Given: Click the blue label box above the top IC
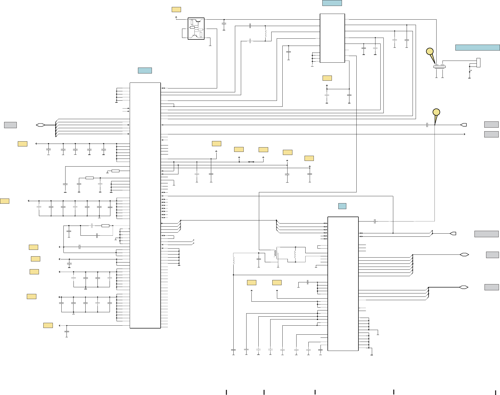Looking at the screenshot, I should coord(332,3).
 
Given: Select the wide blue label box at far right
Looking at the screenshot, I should coord(477,47).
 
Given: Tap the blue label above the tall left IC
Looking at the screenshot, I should coord(145,70).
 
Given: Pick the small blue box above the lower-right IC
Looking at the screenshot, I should coord(342,206).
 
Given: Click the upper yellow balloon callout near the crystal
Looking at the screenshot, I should coord(430,52).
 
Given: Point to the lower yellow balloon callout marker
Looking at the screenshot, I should coord(436,112).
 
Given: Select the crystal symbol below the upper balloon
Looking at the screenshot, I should coord(439,67).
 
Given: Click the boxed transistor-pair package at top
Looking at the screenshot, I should coord(196,29).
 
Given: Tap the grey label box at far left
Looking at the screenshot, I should coord(10,125).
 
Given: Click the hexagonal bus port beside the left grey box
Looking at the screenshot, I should coord(40,125).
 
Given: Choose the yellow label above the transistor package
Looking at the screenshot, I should coord(176,10).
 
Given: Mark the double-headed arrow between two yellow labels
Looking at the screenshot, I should coord(251,162).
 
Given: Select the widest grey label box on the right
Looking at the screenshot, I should coord(486,234).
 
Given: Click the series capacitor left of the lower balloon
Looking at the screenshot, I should coord(427,125).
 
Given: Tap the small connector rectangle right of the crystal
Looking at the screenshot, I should coord(478,62).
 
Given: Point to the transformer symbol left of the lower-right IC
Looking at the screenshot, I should coord(277,253).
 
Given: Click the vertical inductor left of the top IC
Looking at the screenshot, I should coord(265,33).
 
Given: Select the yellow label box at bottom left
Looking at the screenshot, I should coord(48,325).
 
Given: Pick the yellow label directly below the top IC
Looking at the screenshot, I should coord(327,78).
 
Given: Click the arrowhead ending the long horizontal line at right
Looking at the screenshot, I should coord(464,134).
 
